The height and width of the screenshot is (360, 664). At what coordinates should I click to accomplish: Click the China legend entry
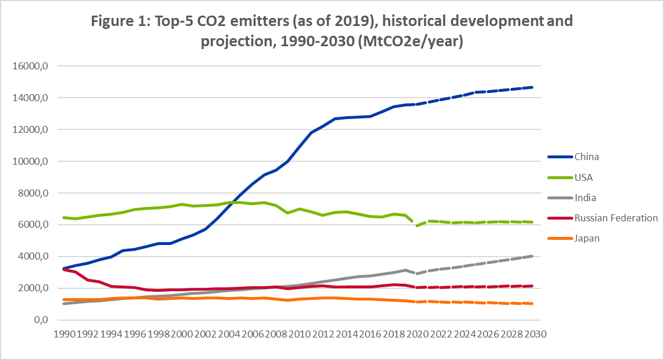tap(586, 157)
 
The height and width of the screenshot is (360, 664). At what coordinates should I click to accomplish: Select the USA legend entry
tap(584, 177)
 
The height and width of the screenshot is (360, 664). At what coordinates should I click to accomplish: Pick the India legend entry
tap(585, 198)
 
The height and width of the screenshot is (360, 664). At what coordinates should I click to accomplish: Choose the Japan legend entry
tap(587, 238)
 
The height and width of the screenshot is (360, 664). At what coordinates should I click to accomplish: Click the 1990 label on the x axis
tap(64, 334)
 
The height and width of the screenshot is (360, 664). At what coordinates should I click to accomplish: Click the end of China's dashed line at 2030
tap(532, 87)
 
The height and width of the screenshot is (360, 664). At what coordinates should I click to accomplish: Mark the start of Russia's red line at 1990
tap(64, 269)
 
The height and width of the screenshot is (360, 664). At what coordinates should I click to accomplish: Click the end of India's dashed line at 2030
tap(532, 256)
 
